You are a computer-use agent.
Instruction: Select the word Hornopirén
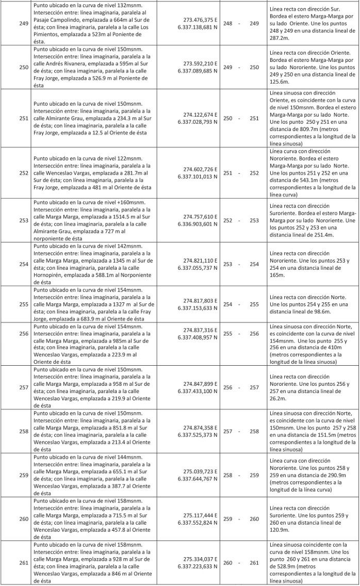pos(51,275)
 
